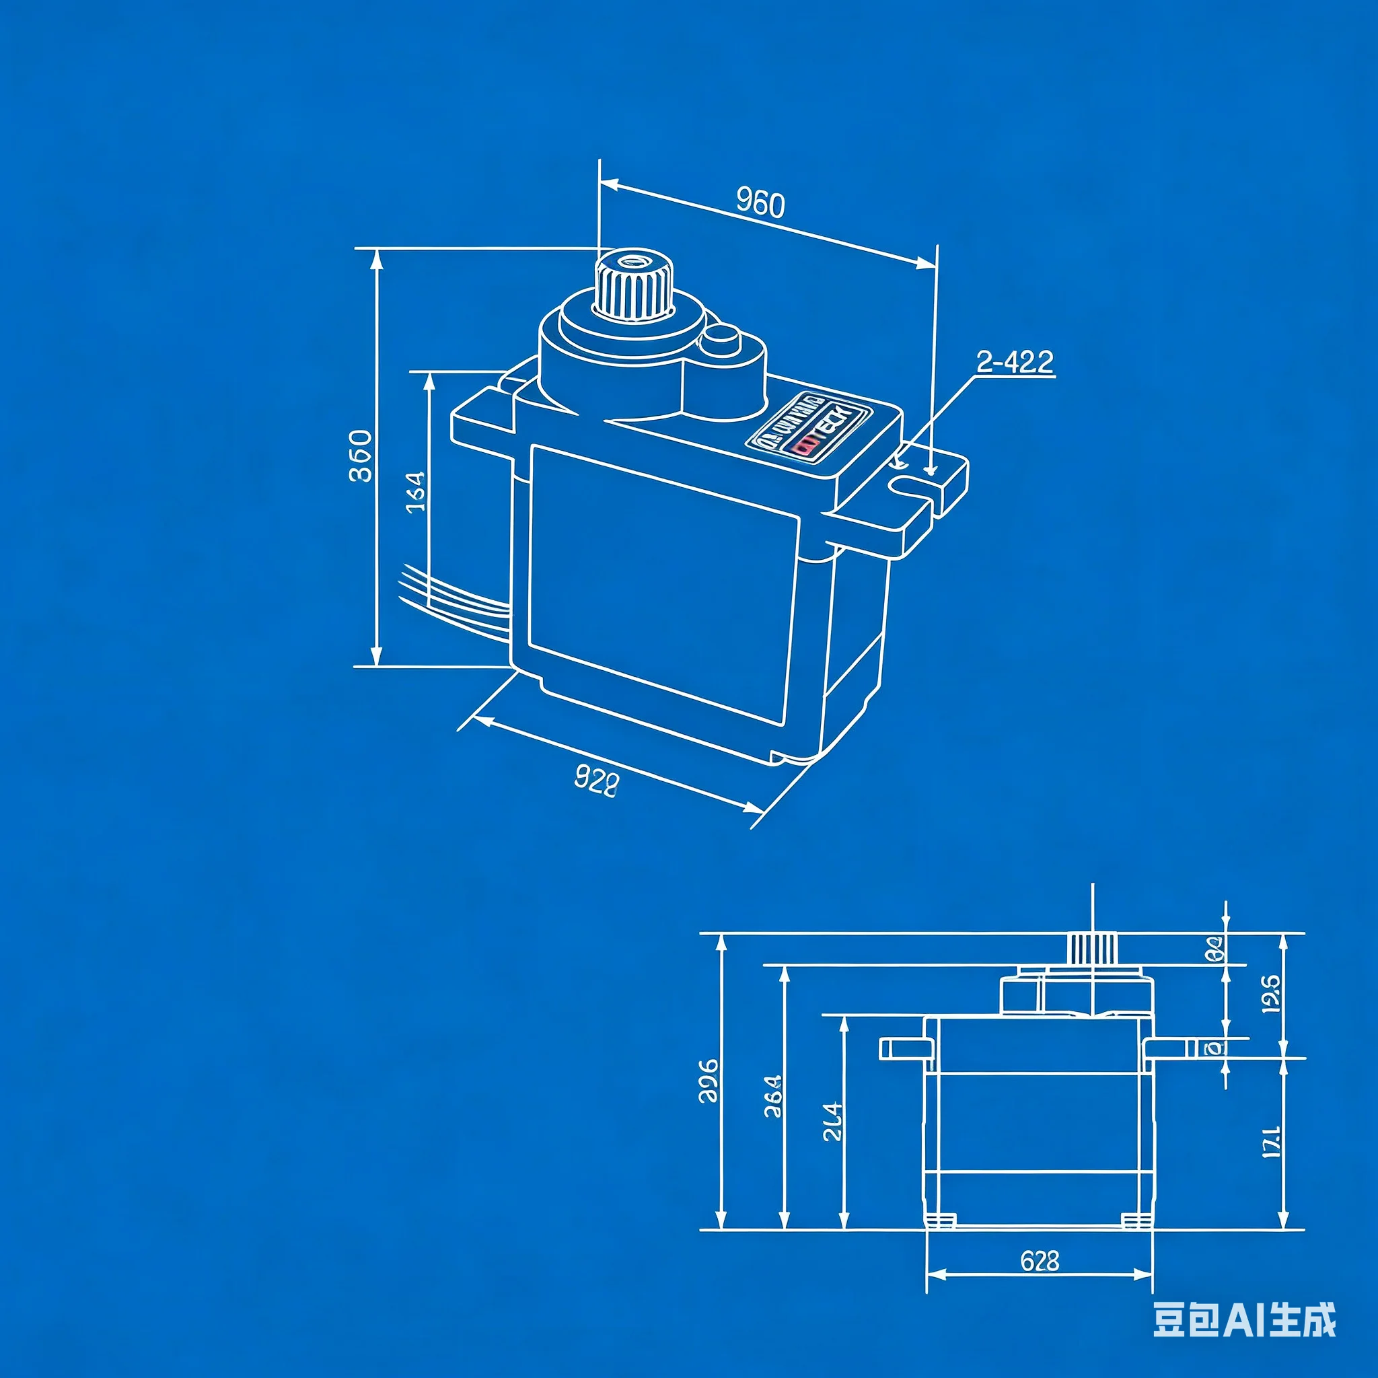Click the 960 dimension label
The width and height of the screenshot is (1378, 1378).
pyautogui.click(x=760, y=203)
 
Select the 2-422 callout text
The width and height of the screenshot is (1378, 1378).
pyautogui.click(x=1014, y=363)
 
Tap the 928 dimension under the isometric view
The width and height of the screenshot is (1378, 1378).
pyautogui.click(x=596, y=782)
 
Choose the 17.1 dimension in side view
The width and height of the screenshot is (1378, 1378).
pyautogui.click(x=1271, y=1141)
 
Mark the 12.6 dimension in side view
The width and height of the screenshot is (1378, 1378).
pyautogui.click(x=1271, y=993)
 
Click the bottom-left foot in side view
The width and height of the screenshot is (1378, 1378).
pyautogui.click(x=940, y=1221)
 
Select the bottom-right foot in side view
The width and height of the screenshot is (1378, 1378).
pyautogui.click(x=1136, y=1221)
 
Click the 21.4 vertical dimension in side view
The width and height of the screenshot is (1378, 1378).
pyautogui.click(x=832, y=1122)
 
